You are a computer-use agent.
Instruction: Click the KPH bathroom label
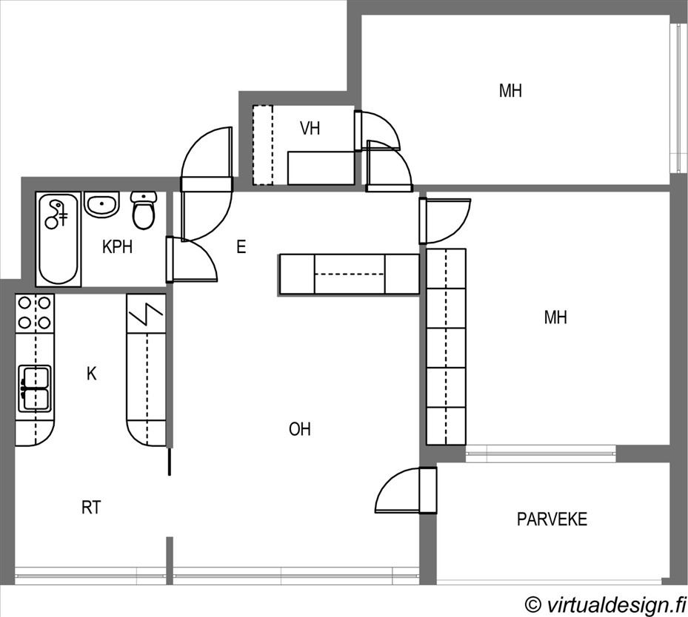tap(117, 246)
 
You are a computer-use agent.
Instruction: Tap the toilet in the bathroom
tap(144, 210)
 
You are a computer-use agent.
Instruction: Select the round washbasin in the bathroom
tap(101, 204)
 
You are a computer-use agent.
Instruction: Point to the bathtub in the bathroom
tap(59, 239)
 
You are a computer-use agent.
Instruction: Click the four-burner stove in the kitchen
tap(34, 313)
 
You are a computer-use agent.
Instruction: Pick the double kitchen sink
tap(34, 388)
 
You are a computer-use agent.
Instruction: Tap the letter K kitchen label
tap(91, 374)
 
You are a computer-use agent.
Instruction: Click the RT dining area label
tap(91, 508)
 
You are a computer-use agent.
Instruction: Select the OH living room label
tap(300, 429)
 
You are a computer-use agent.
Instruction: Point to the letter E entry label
tap(241, 246)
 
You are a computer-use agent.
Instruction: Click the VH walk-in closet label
tap(310, 129)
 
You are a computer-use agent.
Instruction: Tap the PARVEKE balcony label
tap(552, 519)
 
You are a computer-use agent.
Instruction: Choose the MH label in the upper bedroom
tap(510, 91)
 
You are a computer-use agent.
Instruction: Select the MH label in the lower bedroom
tap(555, 317)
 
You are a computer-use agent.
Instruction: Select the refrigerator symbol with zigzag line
tap(146, 314)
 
